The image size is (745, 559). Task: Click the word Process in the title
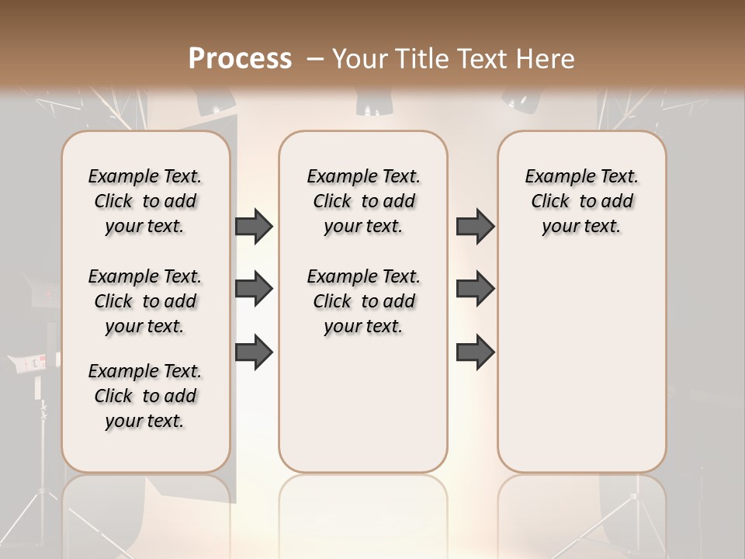(240, 58)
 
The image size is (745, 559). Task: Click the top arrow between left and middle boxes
(254, 226)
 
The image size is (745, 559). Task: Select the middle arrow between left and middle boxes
(254, 290)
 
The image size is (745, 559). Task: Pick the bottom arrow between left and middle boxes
(254, 352)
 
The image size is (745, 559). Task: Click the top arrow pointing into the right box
(475, 226)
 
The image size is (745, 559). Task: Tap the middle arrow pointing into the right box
(475, 289)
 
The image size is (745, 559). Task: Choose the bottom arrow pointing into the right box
(475, 352)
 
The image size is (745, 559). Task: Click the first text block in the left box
(145, 201)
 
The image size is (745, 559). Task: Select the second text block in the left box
(145, 301)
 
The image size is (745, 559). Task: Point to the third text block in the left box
(145, 396)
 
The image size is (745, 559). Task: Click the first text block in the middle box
(363, 201)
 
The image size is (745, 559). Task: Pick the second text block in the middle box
(363, 301)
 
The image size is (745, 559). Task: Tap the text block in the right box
(581, 201)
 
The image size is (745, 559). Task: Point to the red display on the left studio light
(36, 363)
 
